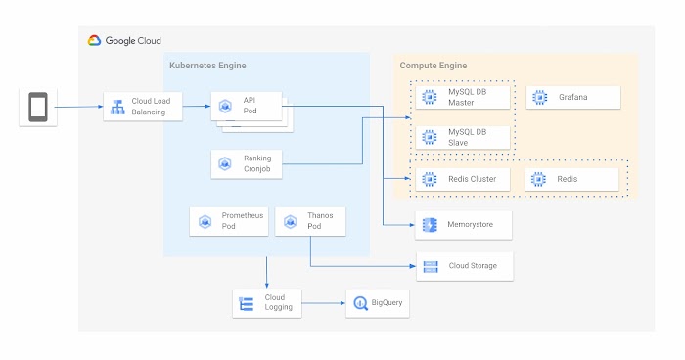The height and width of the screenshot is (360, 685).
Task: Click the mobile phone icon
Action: pyautogui.click(x=37, y=107)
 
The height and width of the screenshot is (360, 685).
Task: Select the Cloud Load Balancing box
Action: pyautogui.click(x=144, y=107)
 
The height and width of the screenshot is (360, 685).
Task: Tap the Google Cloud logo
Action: pyautogui.click(x=124, y=41)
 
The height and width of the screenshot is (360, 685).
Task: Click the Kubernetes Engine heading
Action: pyautogui.click(x=207, y=66)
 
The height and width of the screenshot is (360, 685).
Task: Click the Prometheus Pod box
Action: pyautogui.click(x=228, y=221)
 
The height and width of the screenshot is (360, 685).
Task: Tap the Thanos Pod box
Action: pyautogui.click(x=310, y=221)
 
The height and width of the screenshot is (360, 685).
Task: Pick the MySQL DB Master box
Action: pyautogui.click(x=463, y=97)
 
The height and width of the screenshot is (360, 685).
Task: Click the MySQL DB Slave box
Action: pyautogui.click(x=463, y=136)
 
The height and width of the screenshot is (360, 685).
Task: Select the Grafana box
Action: pyautogui.click(x=573, y=97)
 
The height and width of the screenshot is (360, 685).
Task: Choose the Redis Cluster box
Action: pyautogui.click(x=463, y=179)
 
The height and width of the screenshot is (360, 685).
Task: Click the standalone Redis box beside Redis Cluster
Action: pyautogui.click(x=573, y=179)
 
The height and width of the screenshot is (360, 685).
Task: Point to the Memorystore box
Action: pyautogui.click(x=463, y=225)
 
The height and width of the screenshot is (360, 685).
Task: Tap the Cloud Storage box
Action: pyautogui.click(x=463, y=265)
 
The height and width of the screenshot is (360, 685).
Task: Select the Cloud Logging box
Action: pyautogui.click(x=266, y=304)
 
